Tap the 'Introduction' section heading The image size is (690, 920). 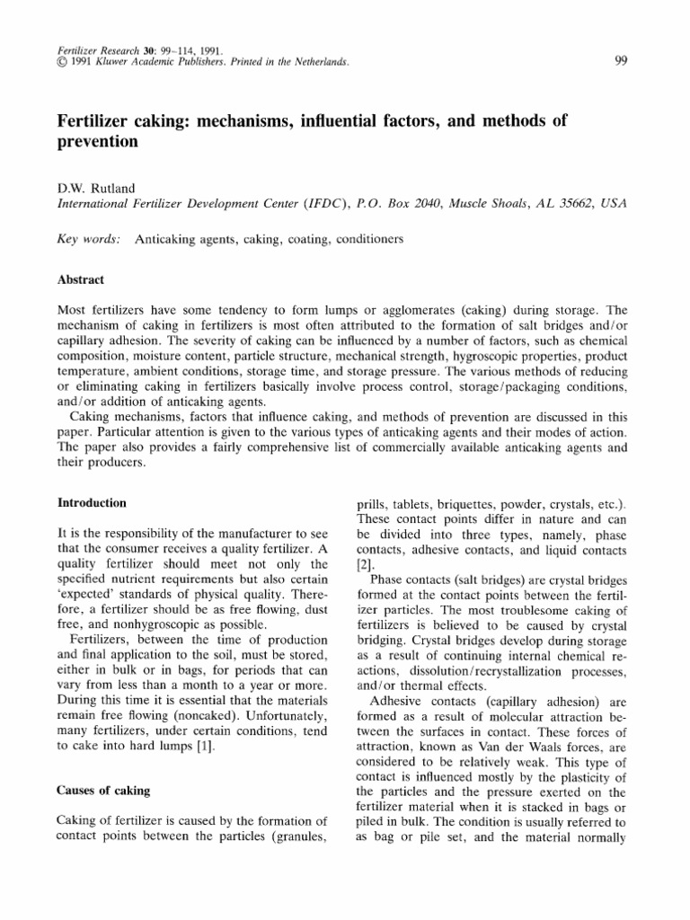click(92, 502)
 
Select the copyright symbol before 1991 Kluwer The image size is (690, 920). click(61, 61)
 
